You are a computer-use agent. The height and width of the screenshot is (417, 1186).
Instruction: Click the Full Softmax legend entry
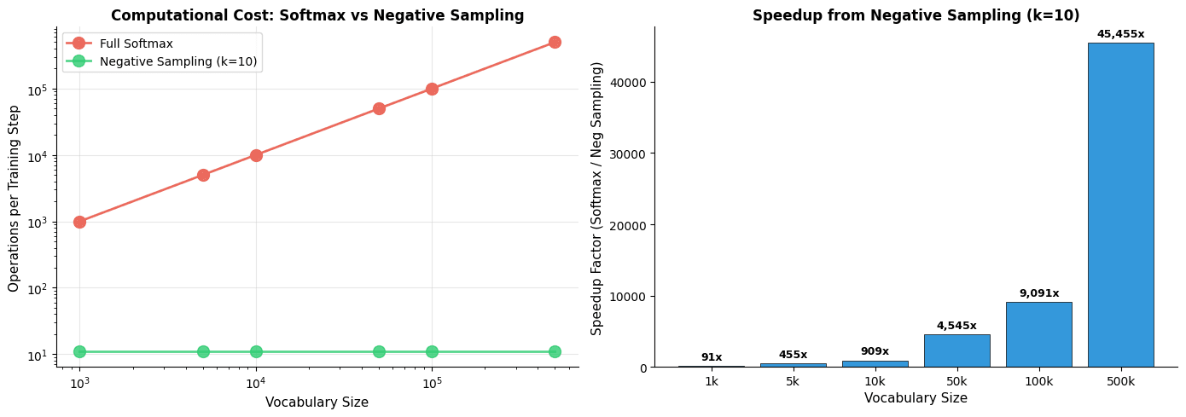(x=137, y=43)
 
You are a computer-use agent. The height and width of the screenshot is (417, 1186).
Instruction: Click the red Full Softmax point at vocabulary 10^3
(x=79, y=222)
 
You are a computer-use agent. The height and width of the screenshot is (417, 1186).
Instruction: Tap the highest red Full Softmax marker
(x=555, y=42)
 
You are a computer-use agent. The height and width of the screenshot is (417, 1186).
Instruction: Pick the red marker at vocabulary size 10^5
(x=432, y=89)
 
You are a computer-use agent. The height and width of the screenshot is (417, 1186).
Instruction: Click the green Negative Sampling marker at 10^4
(x=256, y=351)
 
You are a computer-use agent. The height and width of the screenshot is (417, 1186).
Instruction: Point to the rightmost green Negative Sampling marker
(x=555, y=351)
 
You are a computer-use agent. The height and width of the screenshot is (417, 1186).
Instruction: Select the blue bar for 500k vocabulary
(x=1120, y=205)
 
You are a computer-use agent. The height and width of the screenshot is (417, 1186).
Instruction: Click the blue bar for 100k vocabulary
(x=1038, y=334)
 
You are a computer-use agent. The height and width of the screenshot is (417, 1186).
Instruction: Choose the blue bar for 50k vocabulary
(x=956, y=350)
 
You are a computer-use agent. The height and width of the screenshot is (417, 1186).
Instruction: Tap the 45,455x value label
(x=1120, y=33)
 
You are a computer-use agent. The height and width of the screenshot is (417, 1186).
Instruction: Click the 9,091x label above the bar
(x=1038, y=292)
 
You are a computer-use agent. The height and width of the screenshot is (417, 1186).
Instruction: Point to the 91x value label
(x=712, y=357)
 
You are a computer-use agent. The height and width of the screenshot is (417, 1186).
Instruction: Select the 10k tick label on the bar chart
(x=875, y=381)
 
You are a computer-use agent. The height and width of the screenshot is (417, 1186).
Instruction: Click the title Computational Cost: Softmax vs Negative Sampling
(x=317, y=14)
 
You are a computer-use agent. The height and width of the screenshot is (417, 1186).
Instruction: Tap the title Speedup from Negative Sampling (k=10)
(x=916, y=14)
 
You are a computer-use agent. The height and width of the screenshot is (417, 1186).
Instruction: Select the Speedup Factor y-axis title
(x=597, y=199)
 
